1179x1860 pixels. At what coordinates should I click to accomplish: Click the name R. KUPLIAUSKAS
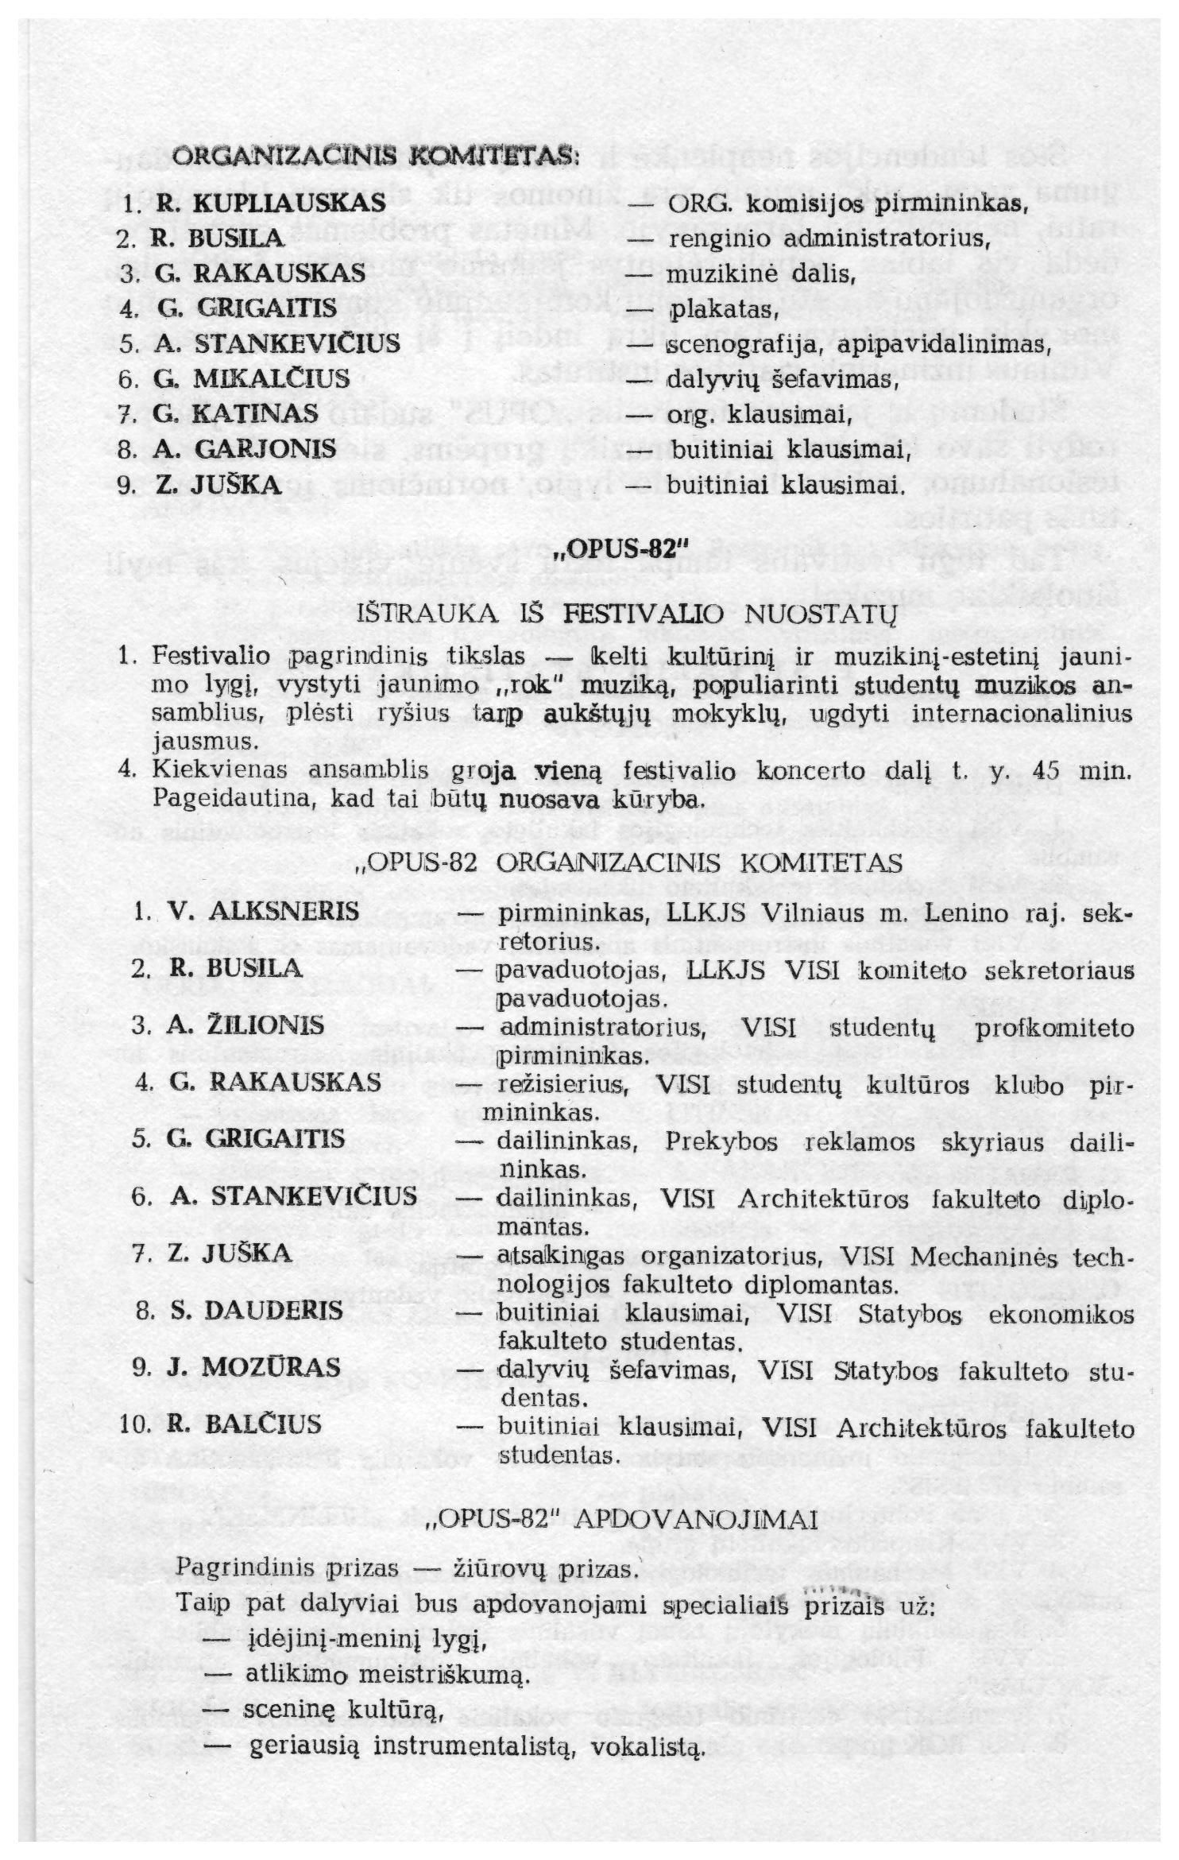coord(271,203)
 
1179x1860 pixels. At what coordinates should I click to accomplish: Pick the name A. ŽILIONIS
coord(245,1025)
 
